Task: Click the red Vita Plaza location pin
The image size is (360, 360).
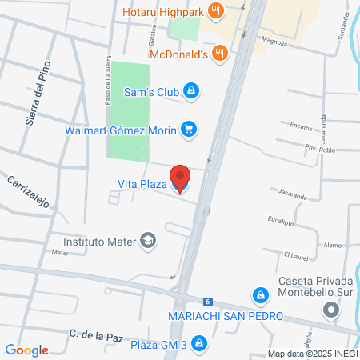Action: [x=181, y=178]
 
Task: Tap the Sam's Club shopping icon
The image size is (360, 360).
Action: [x=190, y=91]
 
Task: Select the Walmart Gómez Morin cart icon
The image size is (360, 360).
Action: [x=189, y=129]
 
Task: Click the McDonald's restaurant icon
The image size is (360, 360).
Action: [x=222, y=54]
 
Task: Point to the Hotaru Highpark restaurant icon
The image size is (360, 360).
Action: [x=214, y=11]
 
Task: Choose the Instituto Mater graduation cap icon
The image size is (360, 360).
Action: [x=148, y=240]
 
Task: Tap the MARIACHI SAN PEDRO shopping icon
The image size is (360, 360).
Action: [x=260, y=296]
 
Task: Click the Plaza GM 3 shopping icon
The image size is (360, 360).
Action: [x=199, y=344]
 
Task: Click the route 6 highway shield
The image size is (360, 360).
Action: [x=207, y=302]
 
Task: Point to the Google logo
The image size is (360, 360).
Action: [x=27, y=350]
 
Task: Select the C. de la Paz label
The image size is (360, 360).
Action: [x=94, y=333]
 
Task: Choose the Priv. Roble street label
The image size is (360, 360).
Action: [x=319, y=149]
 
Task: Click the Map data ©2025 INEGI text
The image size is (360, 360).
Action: [x=313, y=354]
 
